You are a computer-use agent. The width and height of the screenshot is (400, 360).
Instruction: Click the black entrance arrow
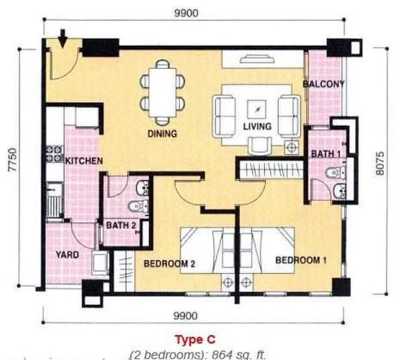click(x=62, y=38)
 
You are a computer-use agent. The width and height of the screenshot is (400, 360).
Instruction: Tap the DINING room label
click(x=163, y=134)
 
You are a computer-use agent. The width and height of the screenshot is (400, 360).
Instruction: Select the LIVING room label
click(x=257, y=127)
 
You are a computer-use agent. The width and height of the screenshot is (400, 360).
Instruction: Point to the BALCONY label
click(x=323, y=84)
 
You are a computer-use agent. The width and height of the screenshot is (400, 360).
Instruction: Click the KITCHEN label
click(x=84, y=161)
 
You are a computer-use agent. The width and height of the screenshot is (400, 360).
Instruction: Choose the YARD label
click(x=67, y=254)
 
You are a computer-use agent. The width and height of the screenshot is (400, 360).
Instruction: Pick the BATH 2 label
click(x=121, y=225)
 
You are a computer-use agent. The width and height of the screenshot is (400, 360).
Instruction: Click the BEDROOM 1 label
click(x=301, y=260)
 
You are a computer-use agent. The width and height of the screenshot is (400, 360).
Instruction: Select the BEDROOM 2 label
click(x=170, y=263)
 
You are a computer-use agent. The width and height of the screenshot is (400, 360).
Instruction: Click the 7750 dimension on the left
click(x=12, y=160)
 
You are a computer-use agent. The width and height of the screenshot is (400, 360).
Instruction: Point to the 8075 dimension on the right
click(x=380, y=163)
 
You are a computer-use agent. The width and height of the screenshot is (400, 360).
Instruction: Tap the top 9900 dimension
click(x=187, y=13)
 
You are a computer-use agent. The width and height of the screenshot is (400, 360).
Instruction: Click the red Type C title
click(x=195, y=340)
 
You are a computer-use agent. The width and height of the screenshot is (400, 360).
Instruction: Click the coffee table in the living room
click(x=257, y=109)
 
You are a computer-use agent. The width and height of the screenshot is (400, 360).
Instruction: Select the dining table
click(x=163, y=92)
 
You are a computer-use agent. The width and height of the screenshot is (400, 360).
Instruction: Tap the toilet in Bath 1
click(x=336, y=173)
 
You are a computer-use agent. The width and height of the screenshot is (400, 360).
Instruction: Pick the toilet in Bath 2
click(x=138, y=206)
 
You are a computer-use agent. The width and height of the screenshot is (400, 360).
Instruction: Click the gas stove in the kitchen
click(x=55, y=154)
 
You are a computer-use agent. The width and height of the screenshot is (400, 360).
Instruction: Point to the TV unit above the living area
click(x=257, y=59)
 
